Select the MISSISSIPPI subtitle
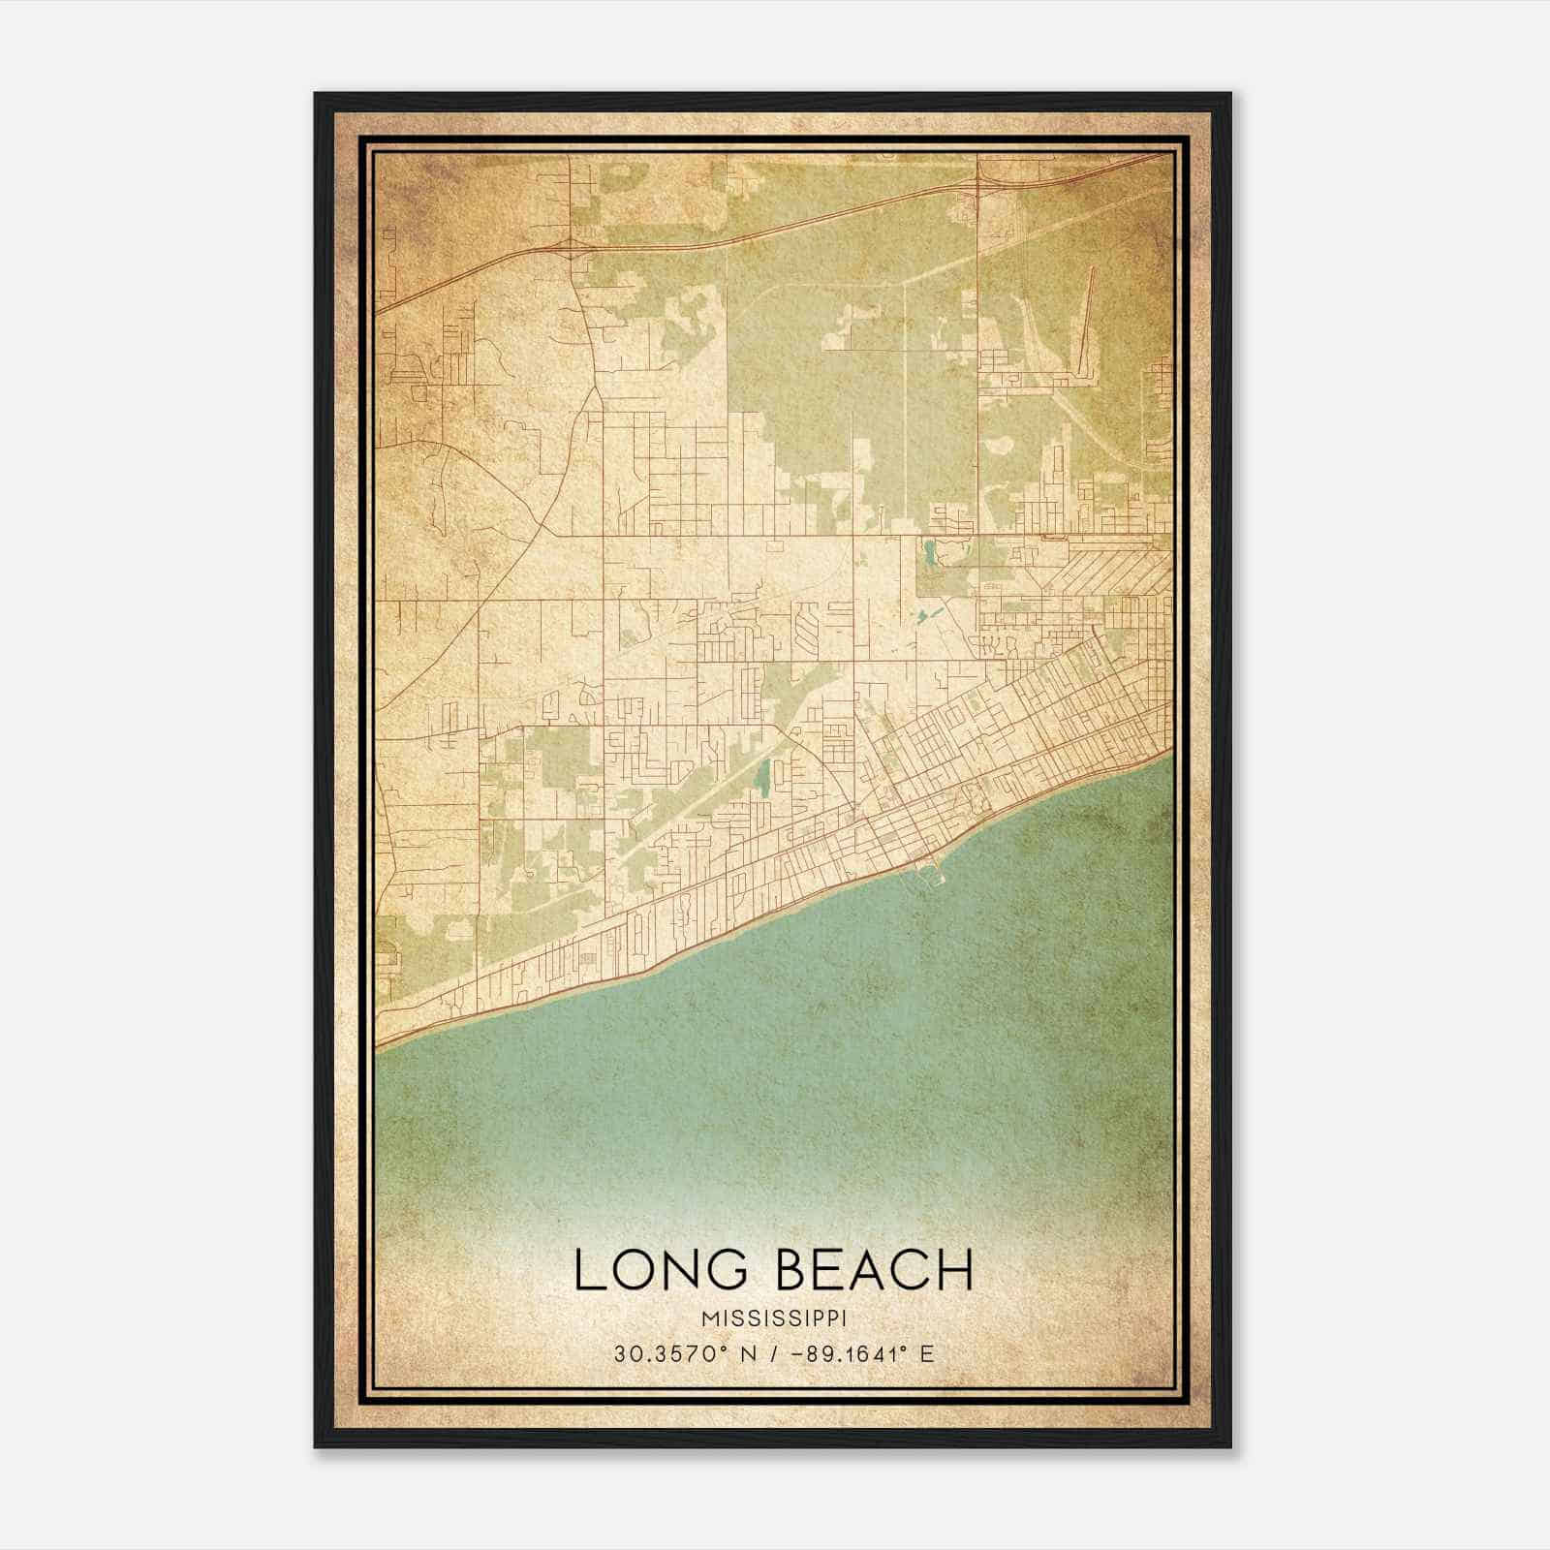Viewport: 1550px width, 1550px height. [774, 1319]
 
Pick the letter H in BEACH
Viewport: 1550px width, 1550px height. [955, 1270]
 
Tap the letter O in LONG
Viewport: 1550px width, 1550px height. [640, 1270]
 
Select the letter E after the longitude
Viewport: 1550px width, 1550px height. [928, 1353]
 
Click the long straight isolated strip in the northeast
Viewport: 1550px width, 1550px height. [1087, 320]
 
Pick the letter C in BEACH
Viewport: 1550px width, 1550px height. [913, 1270]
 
